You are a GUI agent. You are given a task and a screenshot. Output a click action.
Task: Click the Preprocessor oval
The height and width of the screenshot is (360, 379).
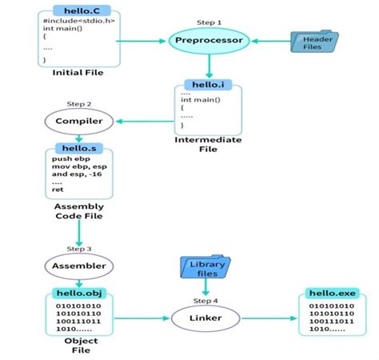(x=209, y=39)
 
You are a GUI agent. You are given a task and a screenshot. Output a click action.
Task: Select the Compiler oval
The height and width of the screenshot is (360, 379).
(x=78, y=122)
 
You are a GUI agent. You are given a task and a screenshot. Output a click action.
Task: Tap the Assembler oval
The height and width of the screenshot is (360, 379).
(x=78, y=266)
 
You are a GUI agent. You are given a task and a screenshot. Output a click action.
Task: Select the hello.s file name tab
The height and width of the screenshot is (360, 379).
(x=78, y=149)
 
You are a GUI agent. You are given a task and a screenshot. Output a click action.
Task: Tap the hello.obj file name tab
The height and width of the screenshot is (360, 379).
(x=78, y=293)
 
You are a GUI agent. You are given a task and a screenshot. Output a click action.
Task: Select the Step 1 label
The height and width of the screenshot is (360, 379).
(x=209, y=22)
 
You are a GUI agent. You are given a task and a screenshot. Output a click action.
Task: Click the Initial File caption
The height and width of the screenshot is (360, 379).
(x=78, y=73)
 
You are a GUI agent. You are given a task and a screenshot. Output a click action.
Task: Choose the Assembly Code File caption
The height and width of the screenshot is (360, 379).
(x=78, y=210)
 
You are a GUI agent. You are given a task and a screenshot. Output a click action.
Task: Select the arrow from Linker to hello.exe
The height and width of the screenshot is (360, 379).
(x=273, y=319)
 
